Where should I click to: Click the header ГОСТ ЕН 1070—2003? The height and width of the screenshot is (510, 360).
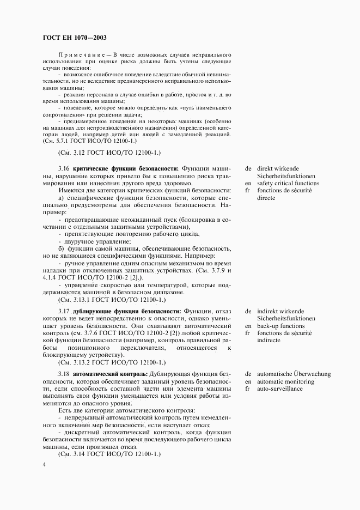74,38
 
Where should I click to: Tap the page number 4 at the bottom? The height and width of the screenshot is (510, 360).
44,464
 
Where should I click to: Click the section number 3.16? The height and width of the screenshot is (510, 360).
64,168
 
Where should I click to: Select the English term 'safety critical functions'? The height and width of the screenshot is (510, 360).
289,184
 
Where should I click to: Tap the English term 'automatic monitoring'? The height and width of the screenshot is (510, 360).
286,381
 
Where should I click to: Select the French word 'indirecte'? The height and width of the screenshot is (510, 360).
270,340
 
